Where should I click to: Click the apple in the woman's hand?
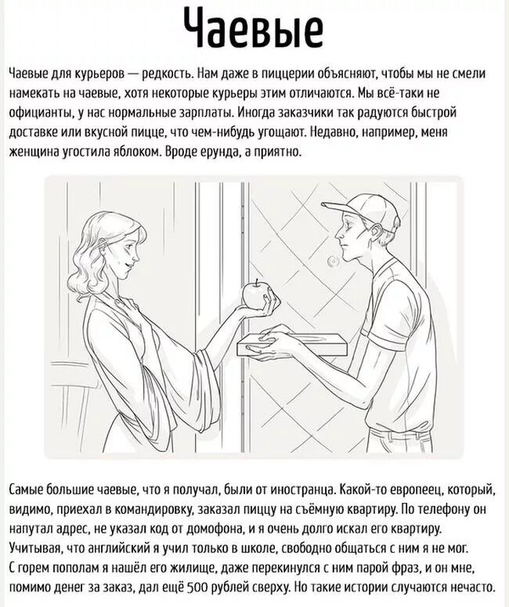click(x=254, y=294)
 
